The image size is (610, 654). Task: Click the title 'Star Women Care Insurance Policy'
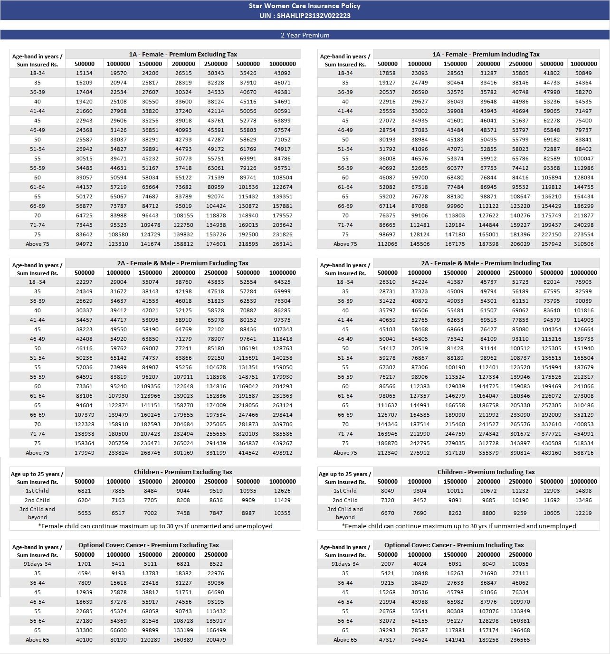(305, 6)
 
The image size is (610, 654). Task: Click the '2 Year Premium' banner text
(305, 35)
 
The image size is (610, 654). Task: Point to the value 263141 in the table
(282, 244)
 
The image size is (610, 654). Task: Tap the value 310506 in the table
(583, 244)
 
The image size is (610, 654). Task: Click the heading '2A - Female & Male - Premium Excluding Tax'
(183, 263)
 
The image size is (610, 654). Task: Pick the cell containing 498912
(282, 453)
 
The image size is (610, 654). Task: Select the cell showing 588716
(583, 453)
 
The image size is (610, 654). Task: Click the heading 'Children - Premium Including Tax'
(486, 472)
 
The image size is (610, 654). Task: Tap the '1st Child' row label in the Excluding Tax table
(37, 491)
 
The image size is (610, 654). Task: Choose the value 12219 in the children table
(583, 513)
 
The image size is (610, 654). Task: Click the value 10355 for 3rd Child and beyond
(282, 513)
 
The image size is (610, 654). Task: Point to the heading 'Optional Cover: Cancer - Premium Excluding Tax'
(149, 545)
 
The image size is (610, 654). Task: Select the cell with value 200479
(216, 640)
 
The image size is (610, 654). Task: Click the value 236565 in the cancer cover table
(520, 640)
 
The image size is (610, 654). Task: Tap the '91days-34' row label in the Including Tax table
(345, 564)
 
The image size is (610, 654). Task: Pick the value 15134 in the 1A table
(84, 73)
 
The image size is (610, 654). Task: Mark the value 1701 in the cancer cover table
(84, 564)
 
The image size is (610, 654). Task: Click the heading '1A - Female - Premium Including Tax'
(486, 54)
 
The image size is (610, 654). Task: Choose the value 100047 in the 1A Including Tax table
(583, 159)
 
